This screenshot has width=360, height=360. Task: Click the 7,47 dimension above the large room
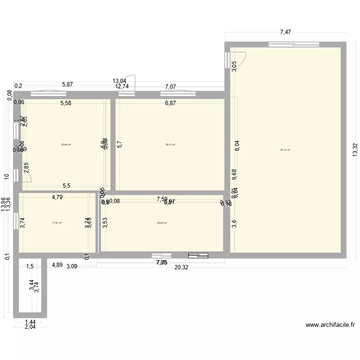click(286, 32)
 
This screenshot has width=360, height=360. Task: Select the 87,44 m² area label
click(286, 150)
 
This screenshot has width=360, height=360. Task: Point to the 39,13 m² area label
click(170, 144)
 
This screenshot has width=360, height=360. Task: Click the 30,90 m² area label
click(66, 144)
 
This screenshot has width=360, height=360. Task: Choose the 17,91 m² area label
click(57, 223)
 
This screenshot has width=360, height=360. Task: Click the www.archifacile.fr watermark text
click(330, 325)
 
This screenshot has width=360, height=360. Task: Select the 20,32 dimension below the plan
click(181, 267)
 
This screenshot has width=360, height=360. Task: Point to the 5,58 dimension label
click(66, 103)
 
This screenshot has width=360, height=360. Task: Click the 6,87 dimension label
click(170, 103)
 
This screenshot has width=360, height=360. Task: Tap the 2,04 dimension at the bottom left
click(30, 327)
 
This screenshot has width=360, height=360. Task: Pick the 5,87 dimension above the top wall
click(67, 84)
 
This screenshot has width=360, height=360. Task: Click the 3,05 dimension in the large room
click(234, 66)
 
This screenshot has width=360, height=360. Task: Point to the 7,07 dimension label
click(170, 87)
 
